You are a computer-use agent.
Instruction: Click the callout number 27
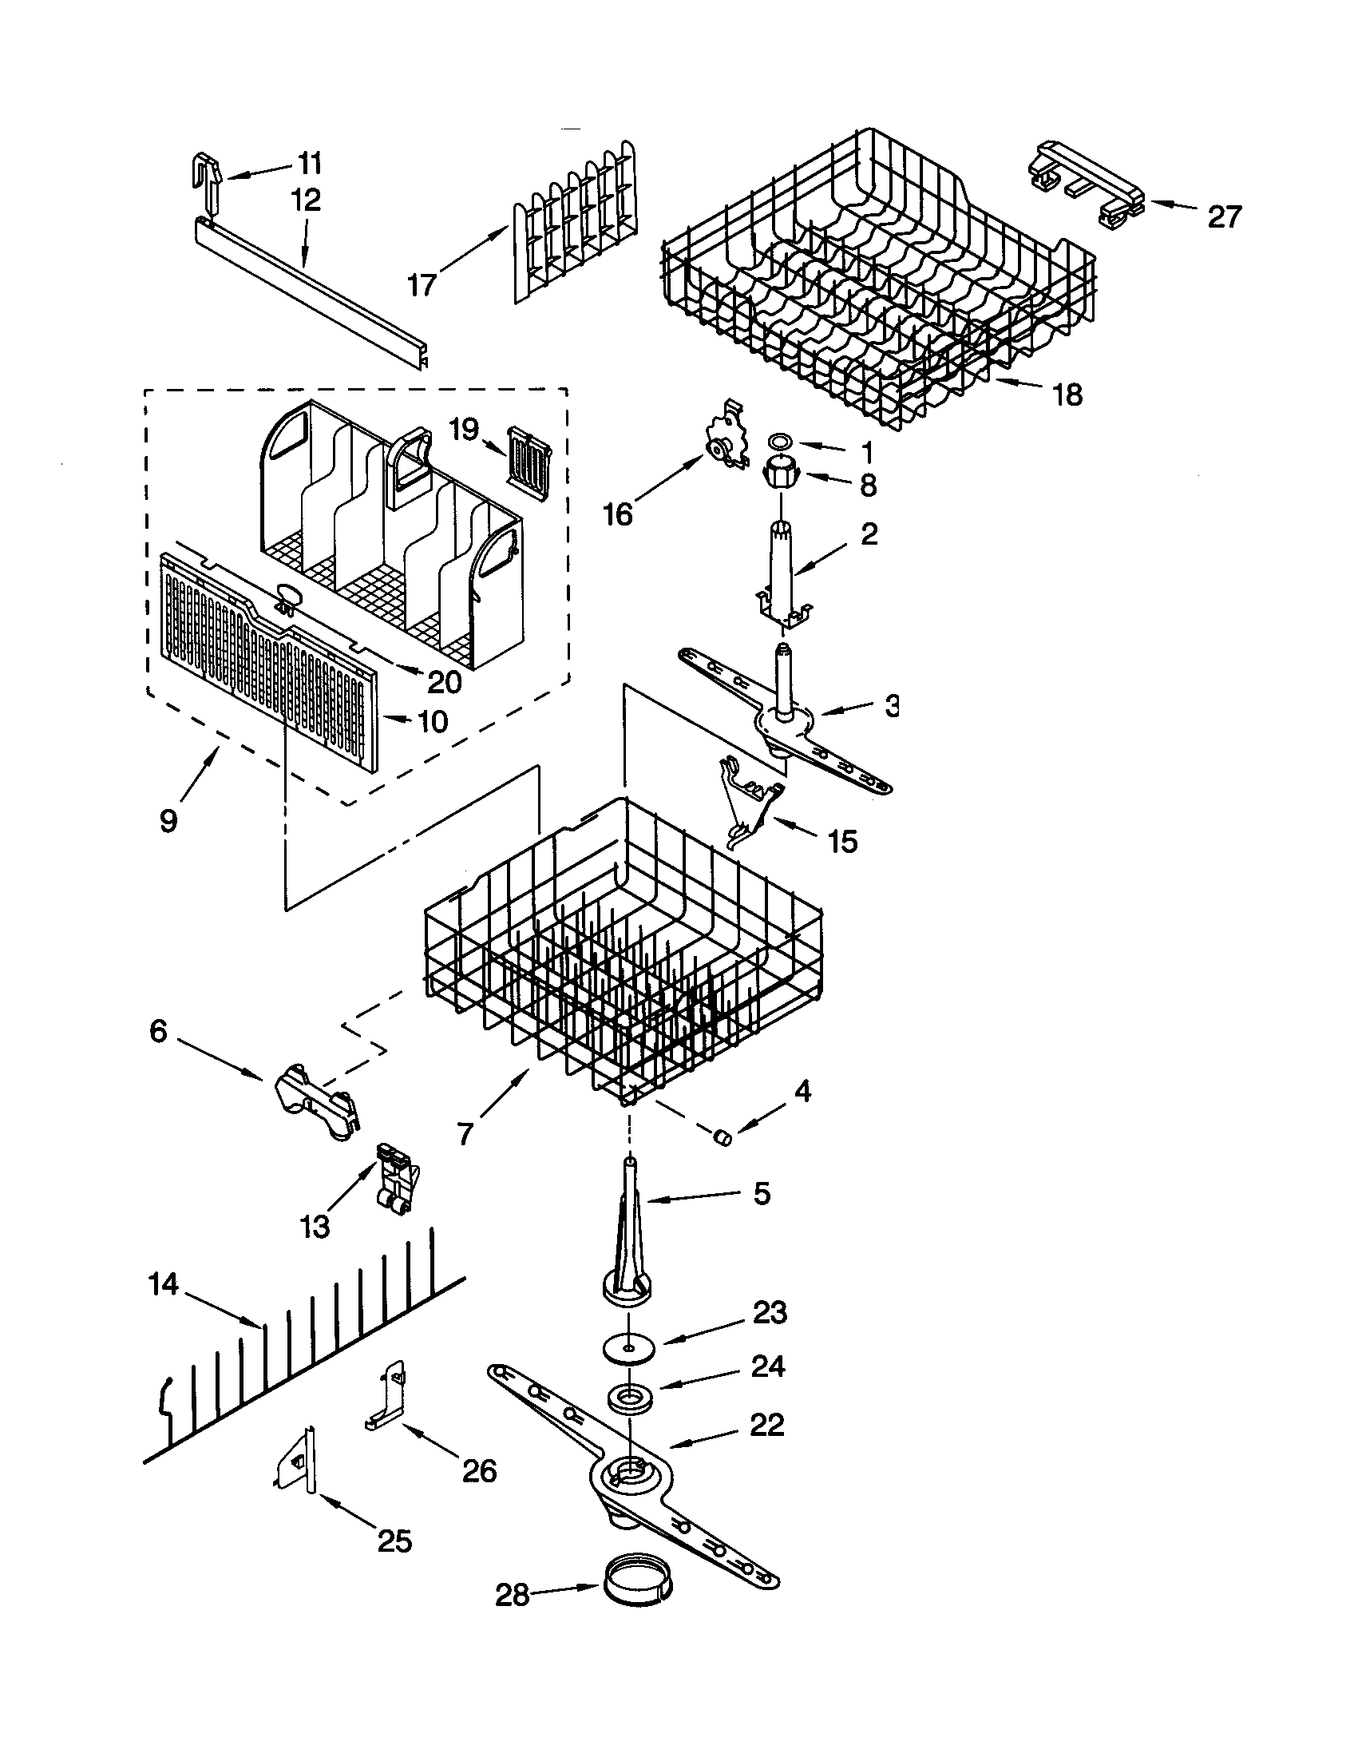[1224, 216]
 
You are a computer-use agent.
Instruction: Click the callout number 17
[422, 285]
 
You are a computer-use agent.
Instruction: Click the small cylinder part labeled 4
[723, 1136]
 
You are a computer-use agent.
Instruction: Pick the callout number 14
[163, 1284]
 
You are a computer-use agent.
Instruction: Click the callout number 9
[168, 821]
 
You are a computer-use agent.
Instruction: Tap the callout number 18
[1067, 394]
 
